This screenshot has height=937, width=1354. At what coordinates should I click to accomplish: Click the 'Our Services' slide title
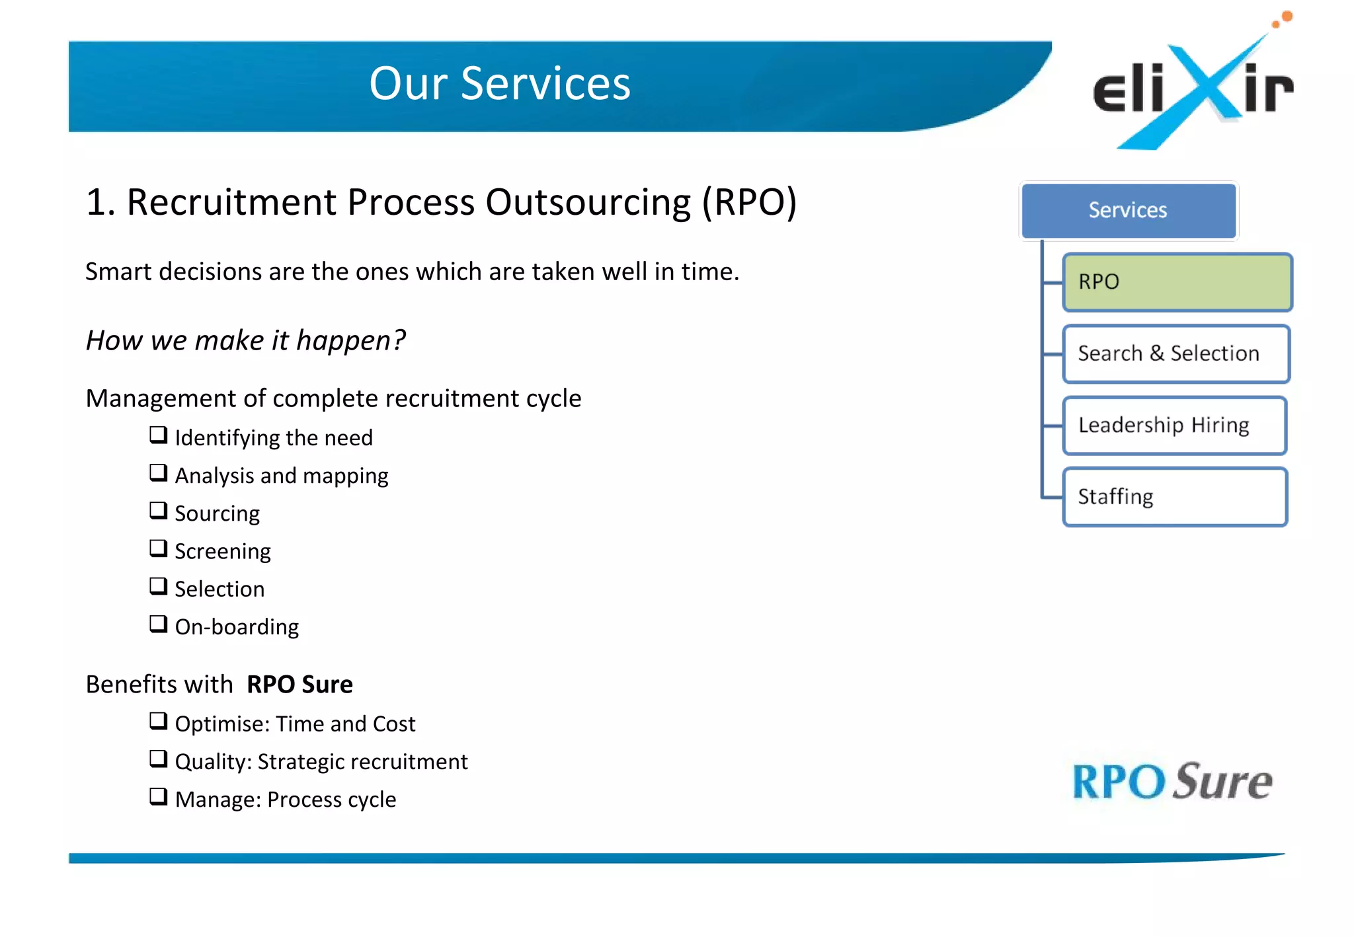point(499,84)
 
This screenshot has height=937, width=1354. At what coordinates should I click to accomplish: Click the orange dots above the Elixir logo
point(1283,19)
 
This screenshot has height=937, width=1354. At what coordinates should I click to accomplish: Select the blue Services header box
point(1128,210)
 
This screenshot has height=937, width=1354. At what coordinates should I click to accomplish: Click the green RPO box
point(1177,282)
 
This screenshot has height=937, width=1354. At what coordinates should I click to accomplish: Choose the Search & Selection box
point(1175,354)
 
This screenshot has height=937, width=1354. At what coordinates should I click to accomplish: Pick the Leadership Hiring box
point(1174,425)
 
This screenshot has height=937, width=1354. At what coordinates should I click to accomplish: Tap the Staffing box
point(1174,497)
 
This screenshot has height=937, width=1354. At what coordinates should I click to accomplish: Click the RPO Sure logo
point(1172,782)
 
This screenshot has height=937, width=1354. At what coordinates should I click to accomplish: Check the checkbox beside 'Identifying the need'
point(158,435)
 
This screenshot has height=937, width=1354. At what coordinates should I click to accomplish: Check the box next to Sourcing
point(158,510)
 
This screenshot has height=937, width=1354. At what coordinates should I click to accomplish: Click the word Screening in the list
point(222,551)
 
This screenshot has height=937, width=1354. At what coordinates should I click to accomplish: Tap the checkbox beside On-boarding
point(158,624)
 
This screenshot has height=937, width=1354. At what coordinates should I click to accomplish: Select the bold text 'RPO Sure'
point(299,685)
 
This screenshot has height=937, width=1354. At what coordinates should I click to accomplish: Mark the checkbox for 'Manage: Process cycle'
point(158,796)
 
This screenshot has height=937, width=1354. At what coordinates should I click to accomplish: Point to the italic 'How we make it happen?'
point(245,340)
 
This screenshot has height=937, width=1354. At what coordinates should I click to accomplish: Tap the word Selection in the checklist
point(219,589)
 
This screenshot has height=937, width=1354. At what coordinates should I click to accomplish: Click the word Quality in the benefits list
point(211,762)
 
